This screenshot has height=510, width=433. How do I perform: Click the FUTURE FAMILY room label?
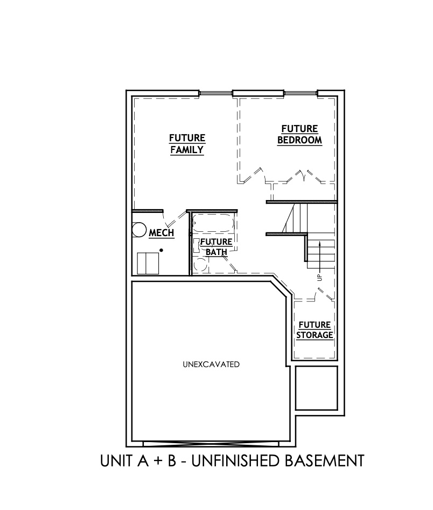(x=187, y=143)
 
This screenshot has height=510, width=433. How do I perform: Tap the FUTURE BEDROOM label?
(x=299, y=134)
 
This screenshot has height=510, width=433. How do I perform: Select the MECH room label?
(x=161, y=233)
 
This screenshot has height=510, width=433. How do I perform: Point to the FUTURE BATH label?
(x=216, y=246)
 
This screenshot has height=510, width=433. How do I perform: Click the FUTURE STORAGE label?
(x=315, y=329)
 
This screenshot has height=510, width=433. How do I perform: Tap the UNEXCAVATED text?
(x=211, y=364)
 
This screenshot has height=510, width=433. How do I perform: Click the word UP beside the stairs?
(x=319, y=278)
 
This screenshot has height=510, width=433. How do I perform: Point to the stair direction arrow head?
(x=320, y=244)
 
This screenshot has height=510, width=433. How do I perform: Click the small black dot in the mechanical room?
(x=161, y=250)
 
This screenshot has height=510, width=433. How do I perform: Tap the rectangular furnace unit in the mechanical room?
(x=146, y=263)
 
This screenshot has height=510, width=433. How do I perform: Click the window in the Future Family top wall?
(x=215, y=94)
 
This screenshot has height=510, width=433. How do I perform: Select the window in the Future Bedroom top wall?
(x=301, y=94)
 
